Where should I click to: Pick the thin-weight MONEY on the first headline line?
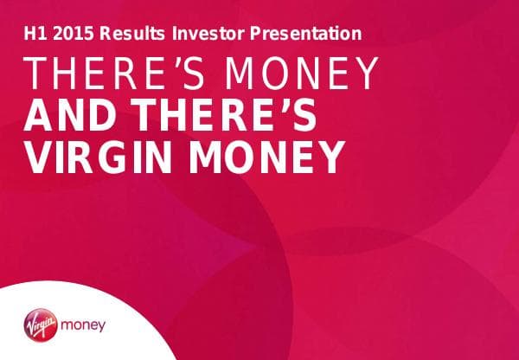[x=298, y=75]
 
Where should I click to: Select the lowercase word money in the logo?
[x=85, y=327]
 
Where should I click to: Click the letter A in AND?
[x=40, y=117]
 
